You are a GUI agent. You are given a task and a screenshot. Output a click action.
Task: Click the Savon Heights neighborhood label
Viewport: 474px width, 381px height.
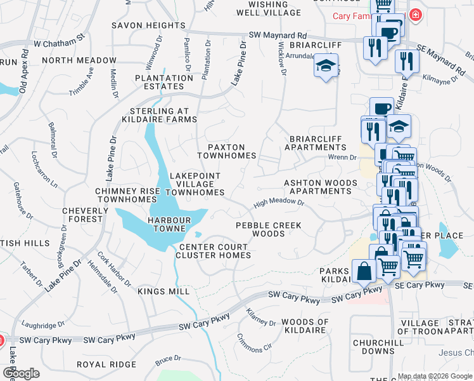click(148, 25)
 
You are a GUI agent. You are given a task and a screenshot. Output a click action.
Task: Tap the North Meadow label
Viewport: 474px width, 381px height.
click(80, 60)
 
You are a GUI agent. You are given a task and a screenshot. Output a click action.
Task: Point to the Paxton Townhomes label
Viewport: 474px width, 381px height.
click(226, 151)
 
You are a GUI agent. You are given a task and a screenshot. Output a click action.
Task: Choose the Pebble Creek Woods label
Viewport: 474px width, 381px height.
click(269, 229)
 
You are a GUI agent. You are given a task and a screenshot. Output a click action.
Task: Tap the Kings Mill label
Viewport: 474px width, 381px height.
click(163, 291)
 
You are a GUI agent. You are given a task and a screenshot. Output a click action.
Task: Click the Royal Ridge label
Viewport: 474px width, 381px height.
click(106, 364)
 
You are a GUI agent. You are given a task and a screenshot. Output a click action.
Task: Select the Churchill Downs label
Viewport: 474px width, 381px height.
click(374, 347)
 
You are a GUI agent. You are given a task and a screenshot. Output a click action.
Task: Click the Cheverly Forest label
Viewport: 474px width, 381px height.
click(82, 215)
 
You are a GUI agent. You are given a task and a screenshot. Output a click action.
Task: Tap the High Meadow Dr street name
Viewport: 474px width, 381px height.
click(279, 204)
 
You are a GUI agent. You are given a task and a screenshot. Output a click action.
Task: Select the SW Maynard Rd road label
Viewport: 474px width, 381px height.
click(278, 36)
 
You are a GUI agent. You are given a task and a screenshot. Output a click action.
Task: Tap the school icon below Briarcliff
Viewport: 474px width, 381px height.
click(326, 66)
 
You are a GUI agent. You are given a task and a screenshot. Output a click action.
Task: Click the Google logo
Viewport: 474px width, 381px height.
click(21, 373)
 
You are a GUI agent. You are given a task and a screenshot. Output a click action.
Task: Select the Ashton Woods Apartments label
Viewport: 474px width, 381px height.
click(320, 187)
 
